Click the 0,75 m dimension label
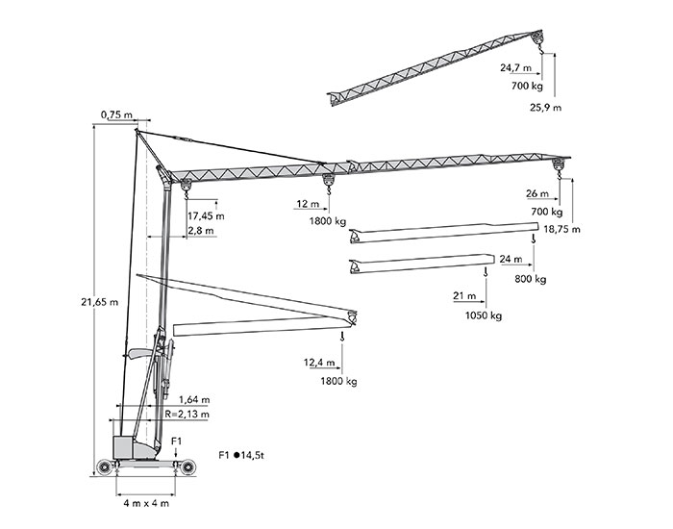pos(116,116)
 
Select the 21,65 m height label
pos(100,301)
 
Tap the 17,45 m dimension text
pos(206,215)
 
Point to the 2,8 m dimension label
pos(202,232)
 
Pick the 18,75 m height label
pos(560,230)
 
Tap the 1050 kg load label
pos(484,315)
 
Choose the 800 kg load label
pos(530,279)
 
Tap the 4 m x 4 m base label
pos(145,503)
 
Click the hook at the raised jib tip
pos(538,43)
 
